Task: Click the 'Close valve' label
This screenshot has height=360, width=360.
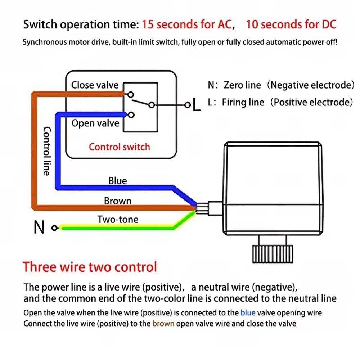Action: click(95, 85)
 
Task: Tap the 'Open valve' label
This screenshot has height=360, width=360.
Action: click(95, 123)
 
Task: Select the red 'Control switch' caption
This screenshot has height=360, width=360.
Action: click(120, 147)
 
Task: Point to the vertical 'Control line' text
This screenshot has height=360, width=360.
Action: click(46, 151)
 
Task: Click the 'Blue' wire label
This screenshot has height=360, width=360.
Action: click(118, 181)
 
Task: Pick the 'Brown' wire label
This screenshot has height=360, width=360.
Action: click(118, 201)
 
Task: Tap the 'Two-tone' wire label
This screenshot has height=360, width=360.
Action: click(118, 219)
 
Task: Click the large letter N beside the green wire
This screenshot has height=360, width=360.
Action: click(39, 227)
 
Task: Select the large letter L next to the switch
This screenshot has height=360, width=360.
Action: click(196, 104)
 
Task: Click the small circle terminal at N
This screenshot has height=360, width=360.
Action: click(55, 228)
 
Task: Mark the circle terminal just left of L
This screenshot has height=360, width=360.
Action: click(188, 105)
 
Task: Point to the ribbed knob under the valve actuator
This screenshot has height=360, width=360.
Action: click(273, 254)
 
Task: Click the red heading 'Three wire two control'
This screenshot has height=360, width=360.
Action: click(90, 267)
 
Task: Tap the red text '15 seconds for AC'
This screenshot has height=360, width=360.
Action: click(187, 24)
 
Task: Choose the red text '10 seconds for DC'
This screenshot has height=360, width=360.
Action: click(291, 24)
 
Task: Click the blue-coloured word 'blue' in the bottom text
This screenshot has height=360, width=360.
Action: click(248, 313)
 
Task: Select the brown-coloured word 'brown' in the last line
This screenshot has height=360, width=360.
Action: click(163, 324)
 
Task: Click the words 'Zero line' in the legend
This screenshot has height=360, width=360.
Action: click(242, 85)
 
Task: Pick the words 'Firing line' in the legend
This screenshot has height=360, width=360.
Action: click(243, 102)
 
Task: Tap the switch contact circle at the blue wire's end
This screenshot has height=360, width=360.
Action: click(131, 114)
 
